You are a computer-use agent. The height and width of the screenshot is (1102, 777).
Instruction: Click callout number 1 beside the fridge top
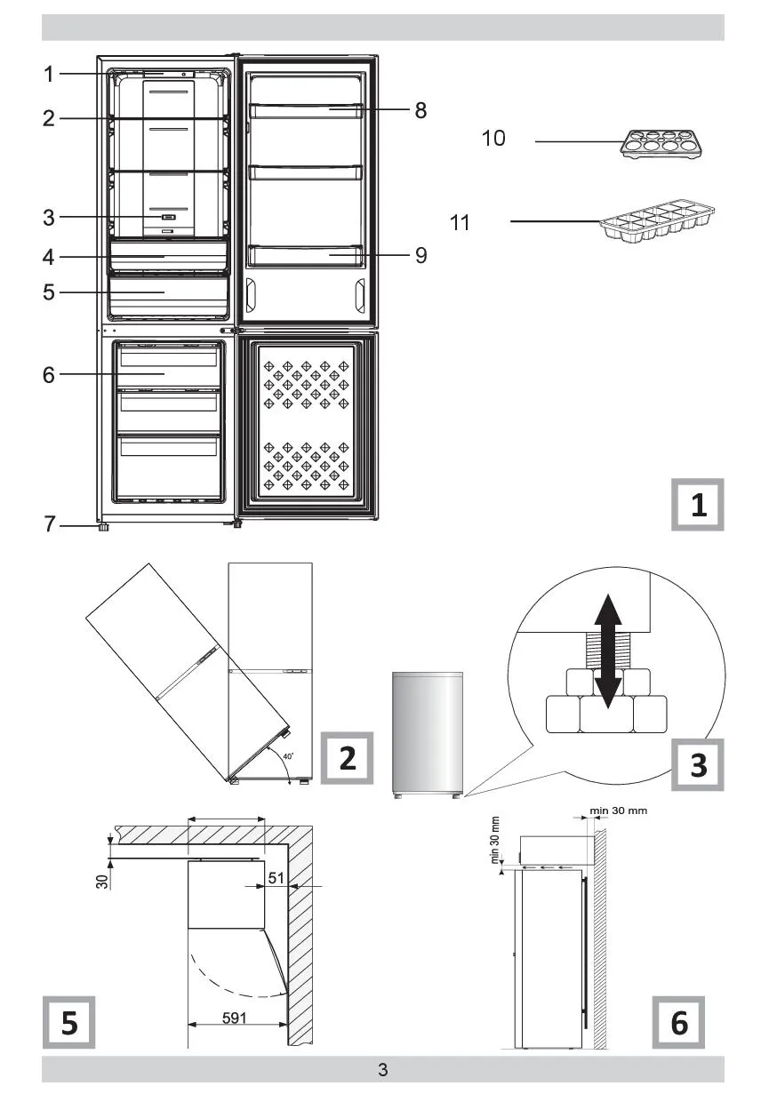(x=48, y=75)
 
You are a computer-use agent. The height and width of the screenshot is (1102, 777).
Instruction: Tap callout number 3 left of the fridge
(x=49, y=218)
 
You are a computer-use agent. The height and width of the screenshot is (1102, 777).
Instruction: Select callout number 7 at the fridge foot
(x=50, y=524)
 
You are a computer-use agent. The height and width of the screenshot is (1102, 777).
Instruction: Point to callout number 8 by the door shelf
(x=421, y=110)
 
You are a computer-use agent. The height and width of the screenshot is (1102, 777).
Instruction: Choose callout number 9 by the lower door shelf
(x=421, y=255)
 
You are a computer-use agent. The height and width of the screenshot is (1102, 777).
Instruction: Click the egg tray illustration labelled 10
(x=661, y=144)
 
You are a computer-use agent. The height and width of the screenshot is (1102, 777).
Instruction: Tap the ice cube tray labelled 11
(x=657, y=221)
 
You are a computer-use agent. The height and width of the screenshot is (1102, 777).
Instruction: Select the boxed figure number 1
(x=698, y=505)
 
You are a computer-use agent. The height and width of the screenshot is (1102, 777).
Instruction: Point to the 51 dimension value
(x=276, y=878)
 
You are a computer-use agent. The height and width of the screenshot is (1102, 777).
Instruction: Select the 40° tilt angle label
(x=288, y=756)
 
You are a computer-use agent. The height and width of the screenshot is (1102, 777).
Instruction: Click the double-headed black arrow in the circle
(x=608, y=651)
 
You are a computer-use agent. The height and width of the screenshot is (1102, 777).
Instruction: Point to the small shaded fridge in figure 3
(x=428, y=735)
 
